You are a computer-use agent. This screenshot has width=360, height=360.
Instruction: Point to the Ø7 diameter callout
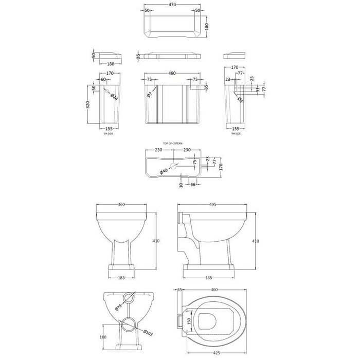pyautogui.click(x=149, y=94)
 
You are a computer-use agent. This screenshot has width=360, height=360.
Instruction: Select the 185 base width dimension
pyautogui.click(x=121, y=278)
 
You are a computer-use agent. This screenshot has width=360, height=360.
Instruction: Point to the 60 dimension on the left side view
pyautogui.click(x=103, y=80)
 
